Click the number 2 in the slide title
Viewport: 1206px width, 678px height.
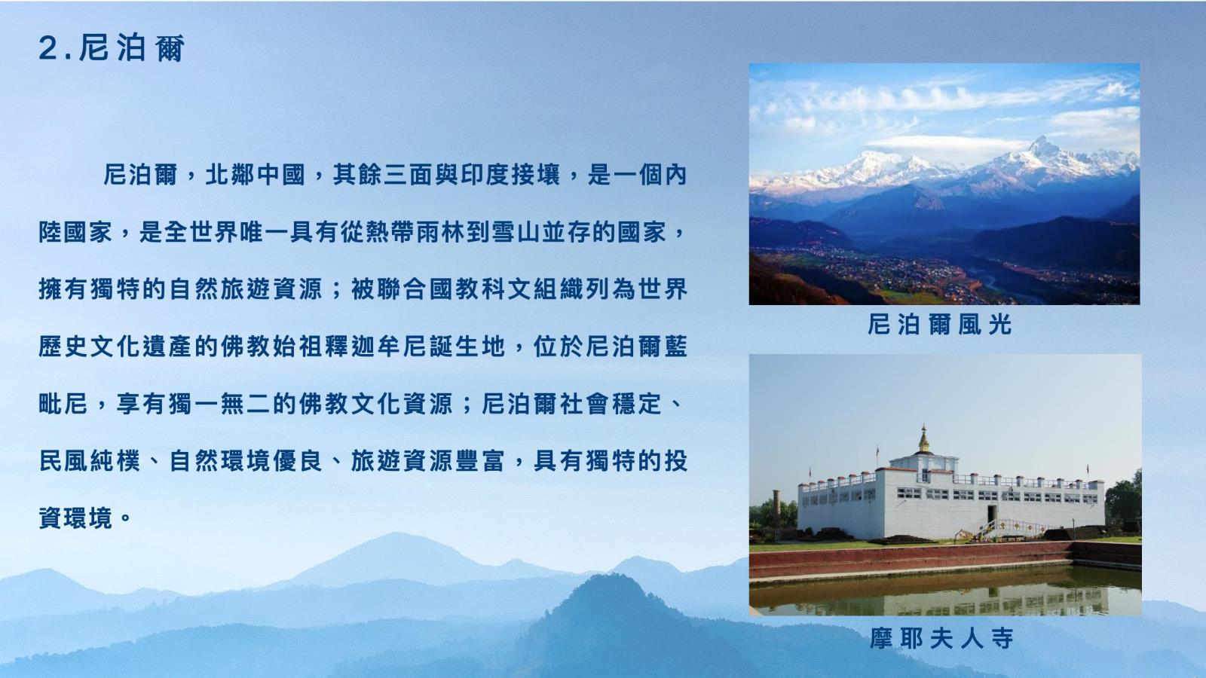[x=48, y=48]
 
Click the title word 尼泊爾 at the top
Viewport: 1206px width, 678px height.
[x=132, y=48]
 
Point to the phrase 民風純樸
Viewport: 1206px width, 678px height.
[x=90, y=461]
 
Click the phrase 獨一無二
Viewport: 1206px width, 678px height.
[x=219, y=404]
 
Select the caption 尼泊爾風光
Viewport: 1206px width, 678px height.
[x=940, y=325]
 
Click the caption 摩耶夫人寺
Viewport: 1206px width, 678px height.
[x=941, y=638]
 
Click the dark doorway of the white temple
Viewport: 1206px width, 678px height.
[x=991, y=515]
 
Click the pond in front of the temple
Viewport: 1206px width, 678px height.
[x=945, y=591]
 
